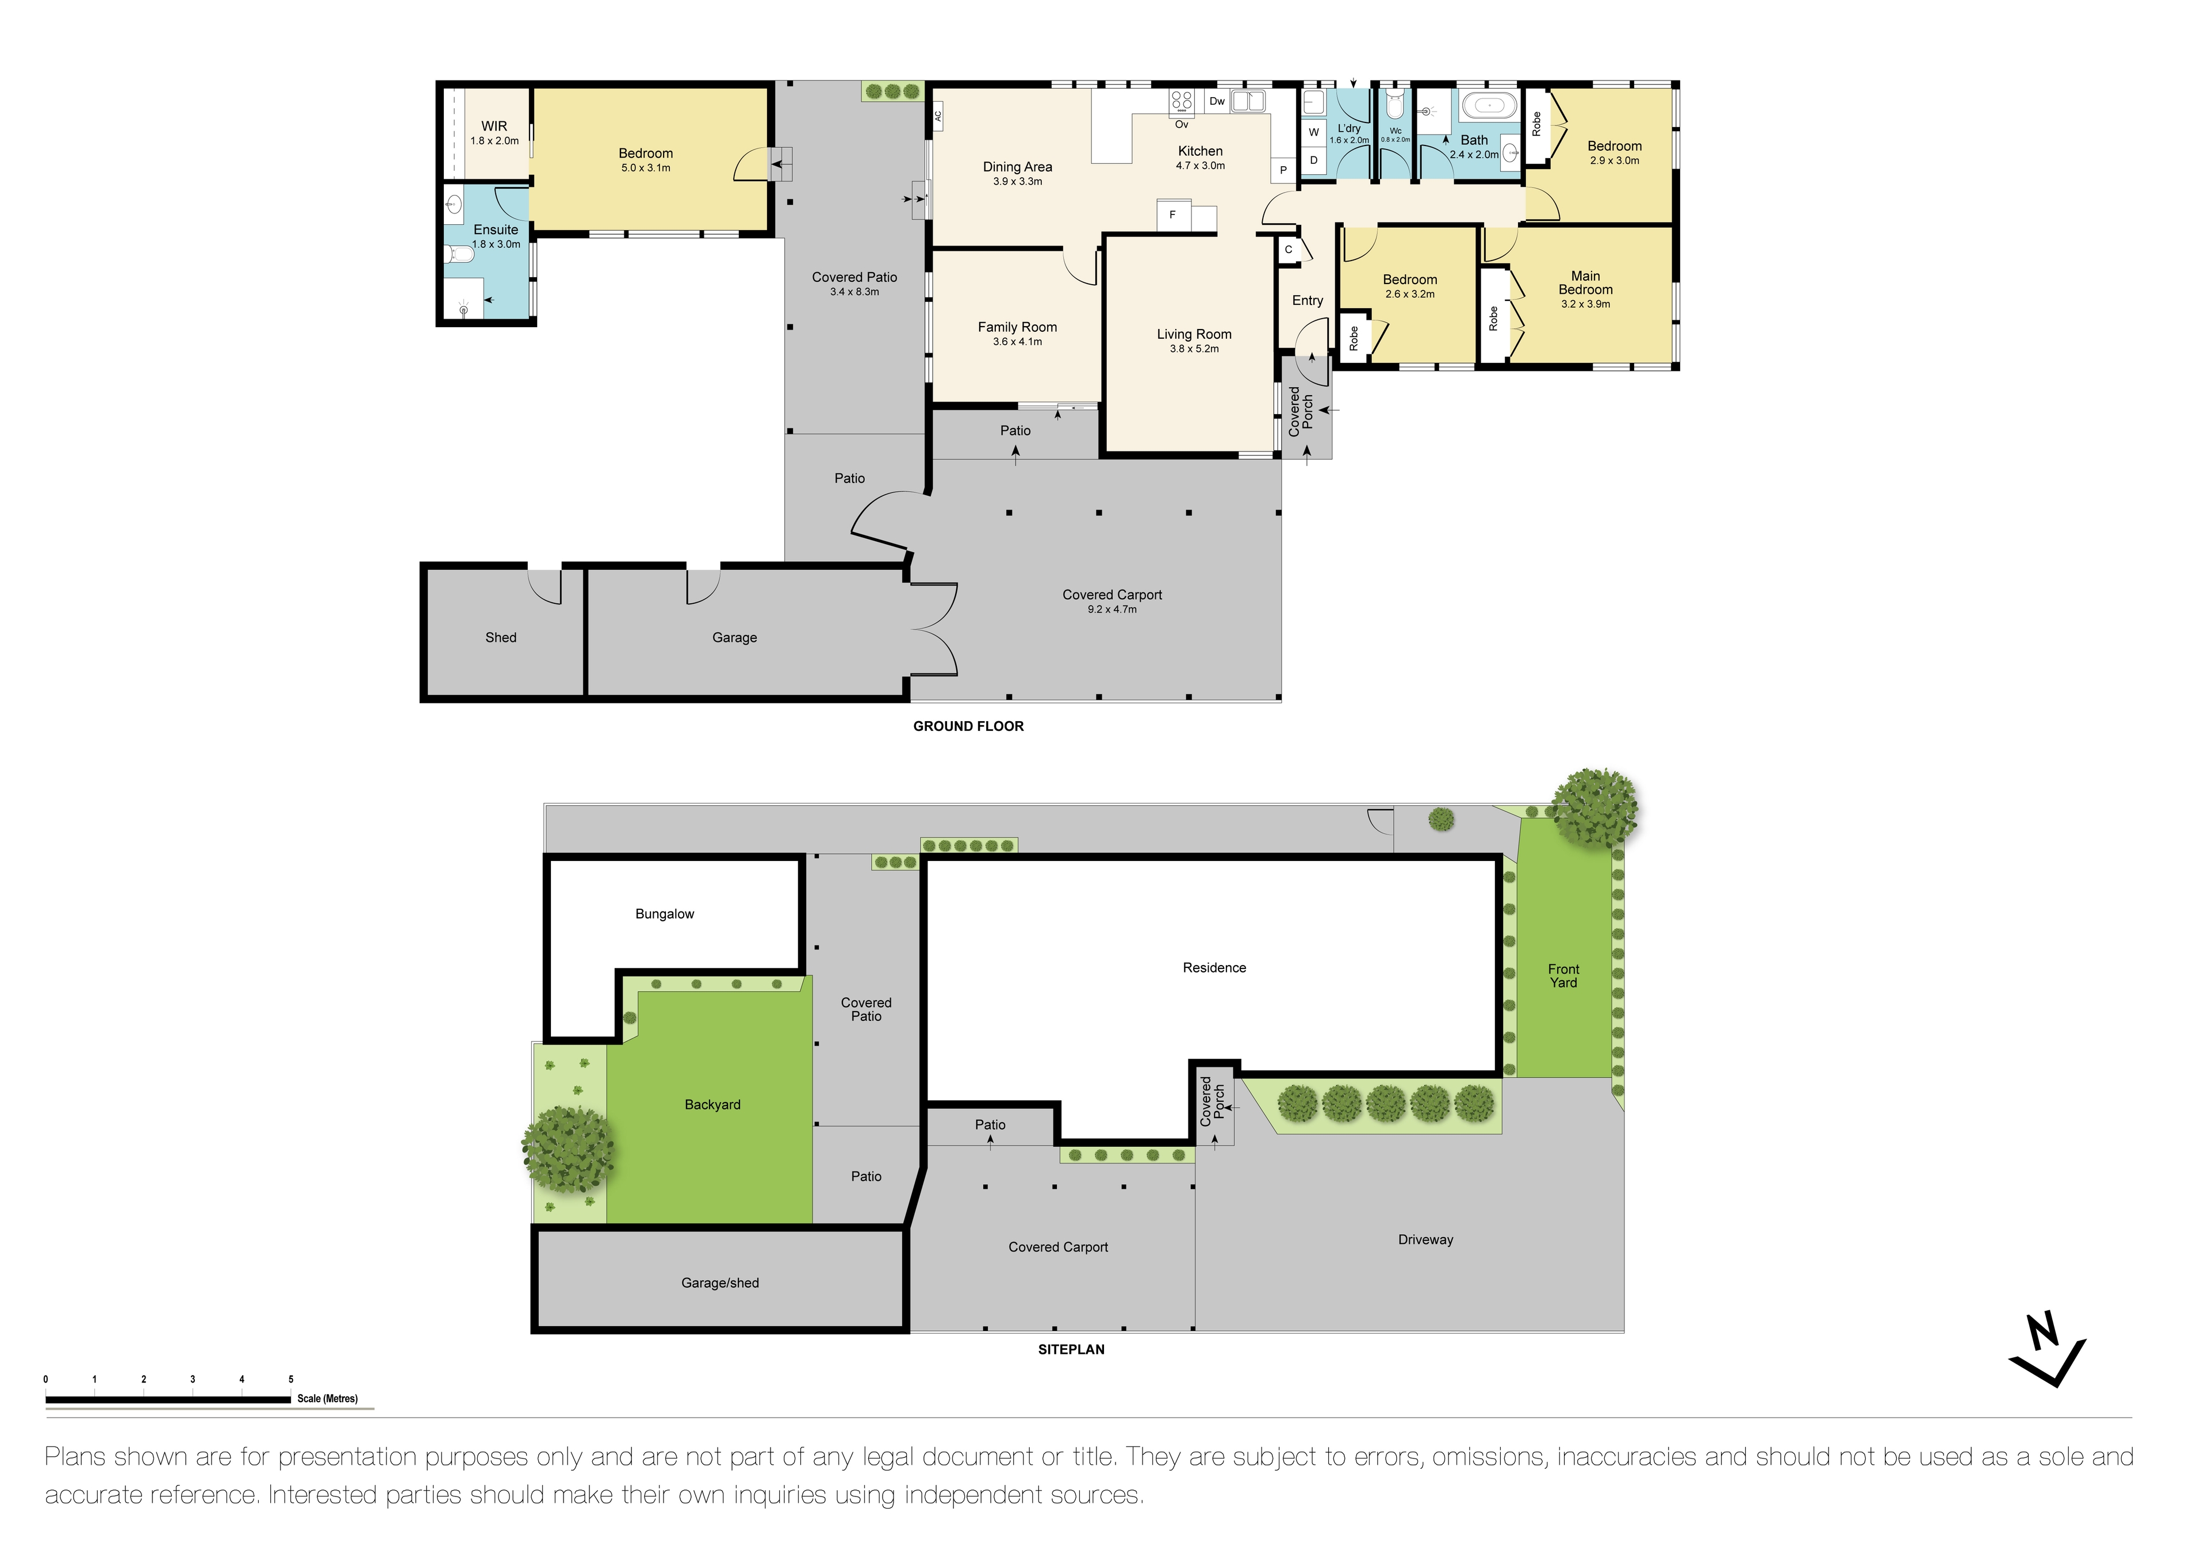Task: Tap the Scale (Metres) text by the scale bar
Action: [x=327, y=1399]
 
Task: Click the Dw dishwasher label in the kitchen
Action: [x=1217, y=101]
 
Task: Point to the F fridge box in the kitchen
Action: [x=1172, y=216]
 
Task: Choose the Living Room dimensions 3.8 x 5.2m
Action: [x=1194, y=349]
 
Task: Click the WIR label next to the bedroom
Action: [x=494, y=126]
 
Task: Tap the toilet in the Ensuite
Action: [x=459, y=255]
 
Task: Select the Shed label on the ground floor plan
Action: [x=501, y=638]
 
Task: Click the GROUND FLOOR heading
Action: [x=968, y=726]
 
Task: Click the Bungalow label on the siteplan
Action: [x=665, y=914]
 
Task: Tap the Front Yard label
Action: [x=1563, y=975]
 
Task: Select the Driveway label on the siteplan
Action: [x=1425, y=1240]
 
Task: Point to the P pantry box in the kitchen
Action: [x=1283, y=170]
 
